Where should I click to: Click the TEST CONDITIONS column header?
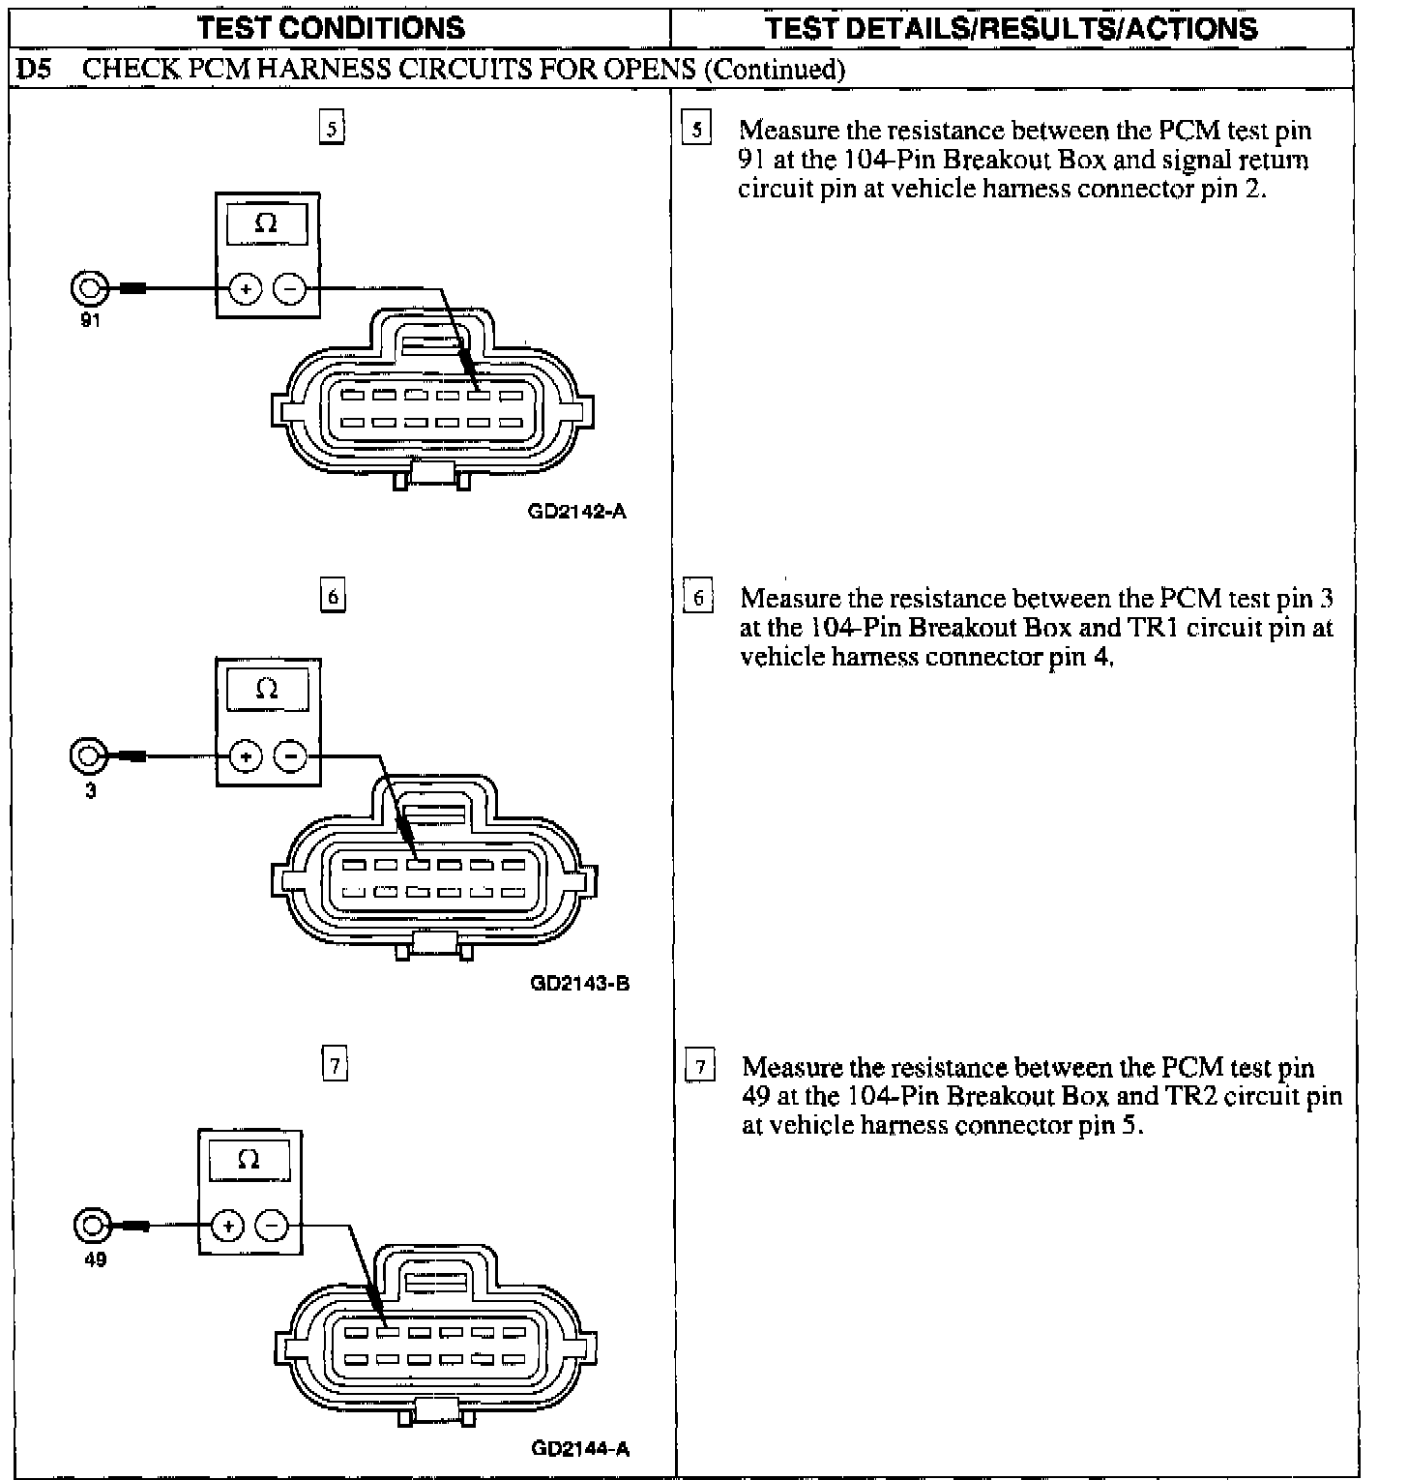pos(331,28)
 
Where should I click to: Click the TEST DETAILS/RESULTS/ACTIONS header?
pos(1011,28)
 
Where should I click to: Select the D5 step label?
pos(33,70)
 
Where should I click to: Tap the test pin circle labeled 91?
pos(88,288)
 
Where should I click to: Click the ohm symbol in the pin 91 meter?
pos(267,223)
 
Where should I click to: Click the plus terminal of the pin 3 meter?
pos(246,756)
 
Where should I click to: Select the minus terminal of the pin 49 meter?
pos(272,1227)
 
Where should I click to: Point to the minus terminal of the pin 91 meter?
pos(290,288)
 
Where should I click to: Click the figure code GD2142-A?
pos(577,511)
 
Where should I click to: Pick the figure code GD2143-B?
pos(579,984)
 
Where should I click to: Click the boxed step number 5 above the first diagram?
pos(332,129)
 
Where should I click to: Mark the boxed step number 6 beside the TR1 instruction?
pos(698,598)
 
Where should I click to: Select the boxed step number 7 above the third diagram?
pos(334,1065)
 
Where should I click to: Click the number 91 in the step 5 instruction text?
pos(751,160)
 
